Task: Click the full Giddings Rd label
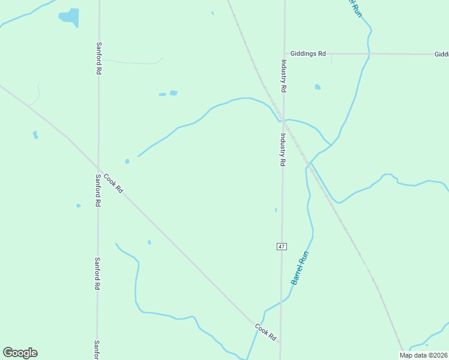[307, 53]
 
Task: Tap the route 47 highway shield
[282, 247]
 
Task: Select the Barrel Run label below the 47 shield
[300, 268]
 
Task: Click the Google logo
[20, 353]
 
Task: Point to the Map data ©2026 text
[424, 355]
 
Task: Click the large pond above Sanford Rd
[70, 17]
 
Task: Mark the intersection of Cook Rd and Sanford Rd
[98, 169]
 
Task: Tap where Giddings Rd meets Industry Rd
[284, 53]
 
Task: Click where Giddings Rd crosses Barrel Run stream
[369, 54]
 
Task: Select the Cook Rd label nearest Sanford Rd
[113, 183]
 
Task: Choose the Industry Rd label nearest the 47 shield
[282, 149]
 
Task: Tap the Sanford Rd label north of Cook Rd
[98, 58]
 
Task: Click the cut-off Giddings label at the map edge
[442, 54]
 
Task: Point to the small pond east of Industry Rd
[318, 87]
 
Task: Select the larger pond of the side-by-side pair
[173, 93]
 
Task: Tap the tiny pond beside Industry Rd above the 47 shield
[276, 210]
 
